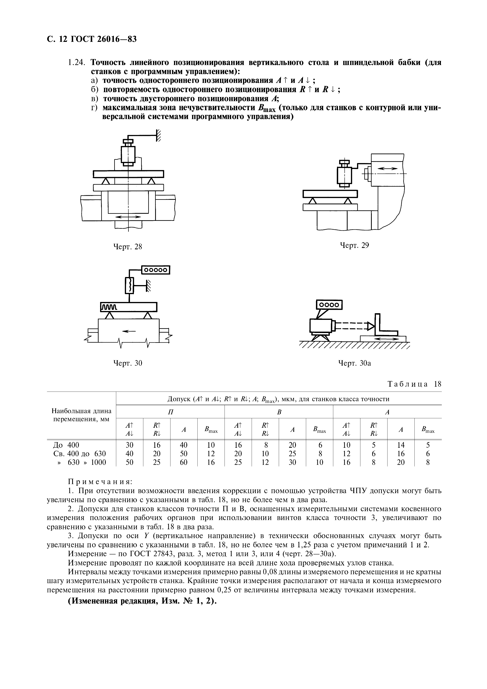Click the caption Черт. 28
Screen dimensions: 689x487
point(127,247)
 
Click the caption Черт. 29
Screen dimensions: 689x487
point(354,245)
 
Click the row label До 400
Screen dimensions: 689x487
point(65,445)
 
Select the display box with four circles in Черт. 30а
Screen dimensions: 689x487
point(329,305)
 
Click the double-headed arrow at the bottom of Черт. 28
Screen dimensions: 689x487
point(128,217)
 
